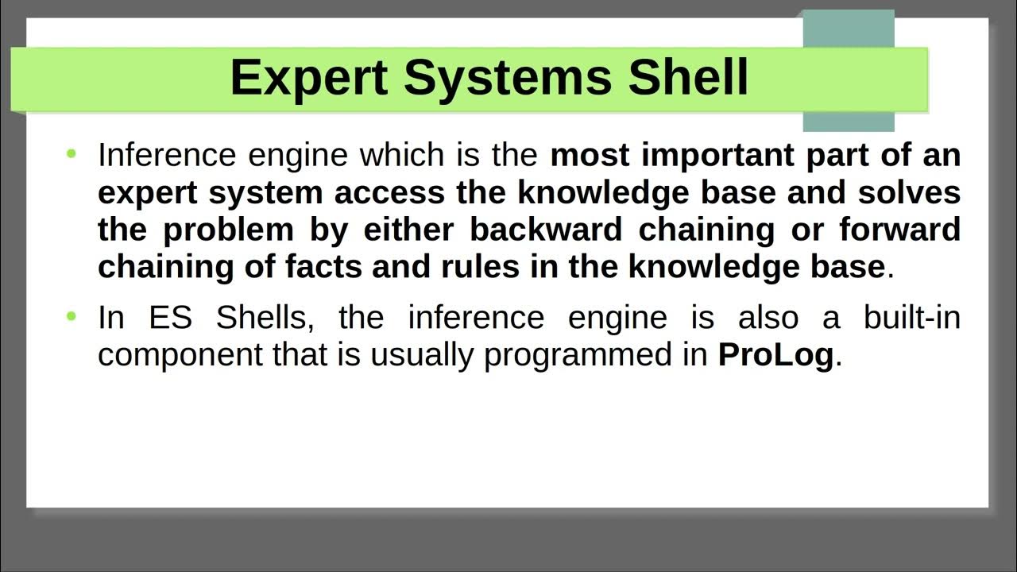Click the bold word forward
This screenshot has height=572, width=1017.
coord(899,230)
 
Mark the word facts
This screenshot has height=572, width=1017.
coord(324,267)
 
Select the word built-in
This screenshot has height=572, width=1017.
coord(911,318)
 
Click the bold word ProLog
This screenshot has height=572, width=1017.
coord(775,355)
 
